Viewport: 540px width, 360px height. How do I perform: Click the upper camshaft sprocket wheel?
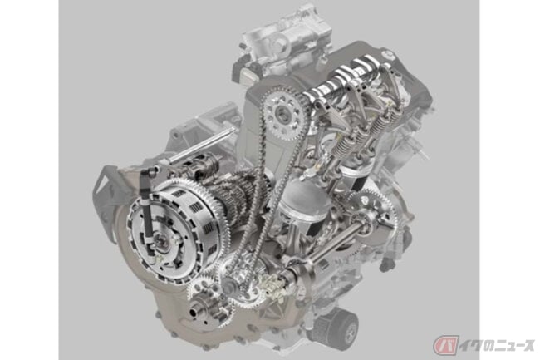tap(284, 113)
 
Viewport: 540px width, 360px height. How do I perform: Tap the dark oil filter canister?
tap(336, 326)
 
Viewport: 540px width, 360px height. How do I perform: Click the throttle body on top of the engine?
tap(282, 38)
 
